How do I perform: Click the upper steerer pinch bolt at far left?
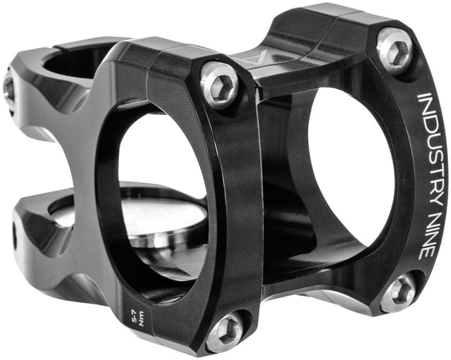coord(9,87)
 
